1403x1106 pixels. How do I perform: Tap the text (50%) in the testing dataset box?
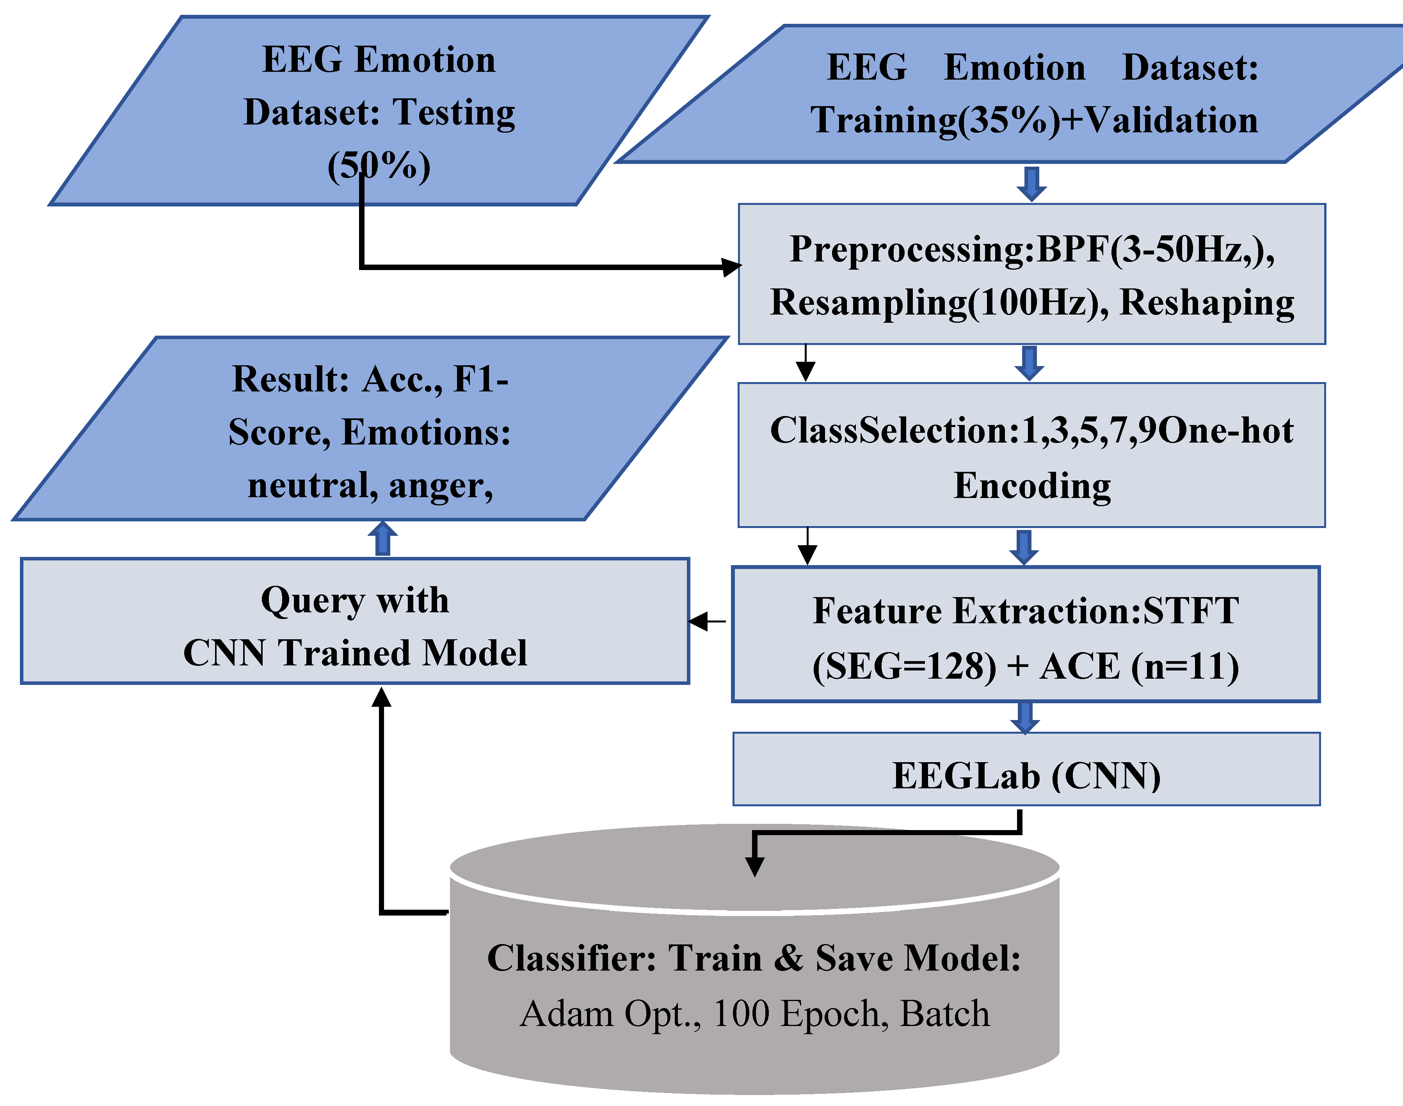click(x=379, y=166)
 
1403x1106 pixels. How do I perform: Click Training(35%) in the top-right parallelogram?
click(x=935, y=121)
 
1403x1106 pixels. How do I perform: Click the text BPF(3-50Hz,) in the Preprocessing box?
click(x=1156, y=249)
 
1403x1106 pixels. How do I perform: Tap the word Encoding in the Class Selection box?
click(x=1032, y=485)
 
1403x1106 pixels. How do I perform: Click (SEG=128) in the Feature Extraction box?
click(x=905, y=666)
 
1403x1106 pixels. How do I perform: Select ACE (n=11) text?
click(x=1140, y=666)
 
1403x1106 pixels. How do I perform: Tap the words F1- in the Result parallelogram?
click(x=480, y=379)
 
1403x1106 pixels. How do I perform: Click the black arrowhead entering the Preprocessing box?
click(x=732, y=267)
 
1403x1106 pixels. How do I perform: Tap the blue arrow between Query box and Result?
click(x=382, y=538)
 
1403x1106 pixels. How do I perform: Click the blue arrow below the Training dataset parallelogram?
click(x=1031, y=184)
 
